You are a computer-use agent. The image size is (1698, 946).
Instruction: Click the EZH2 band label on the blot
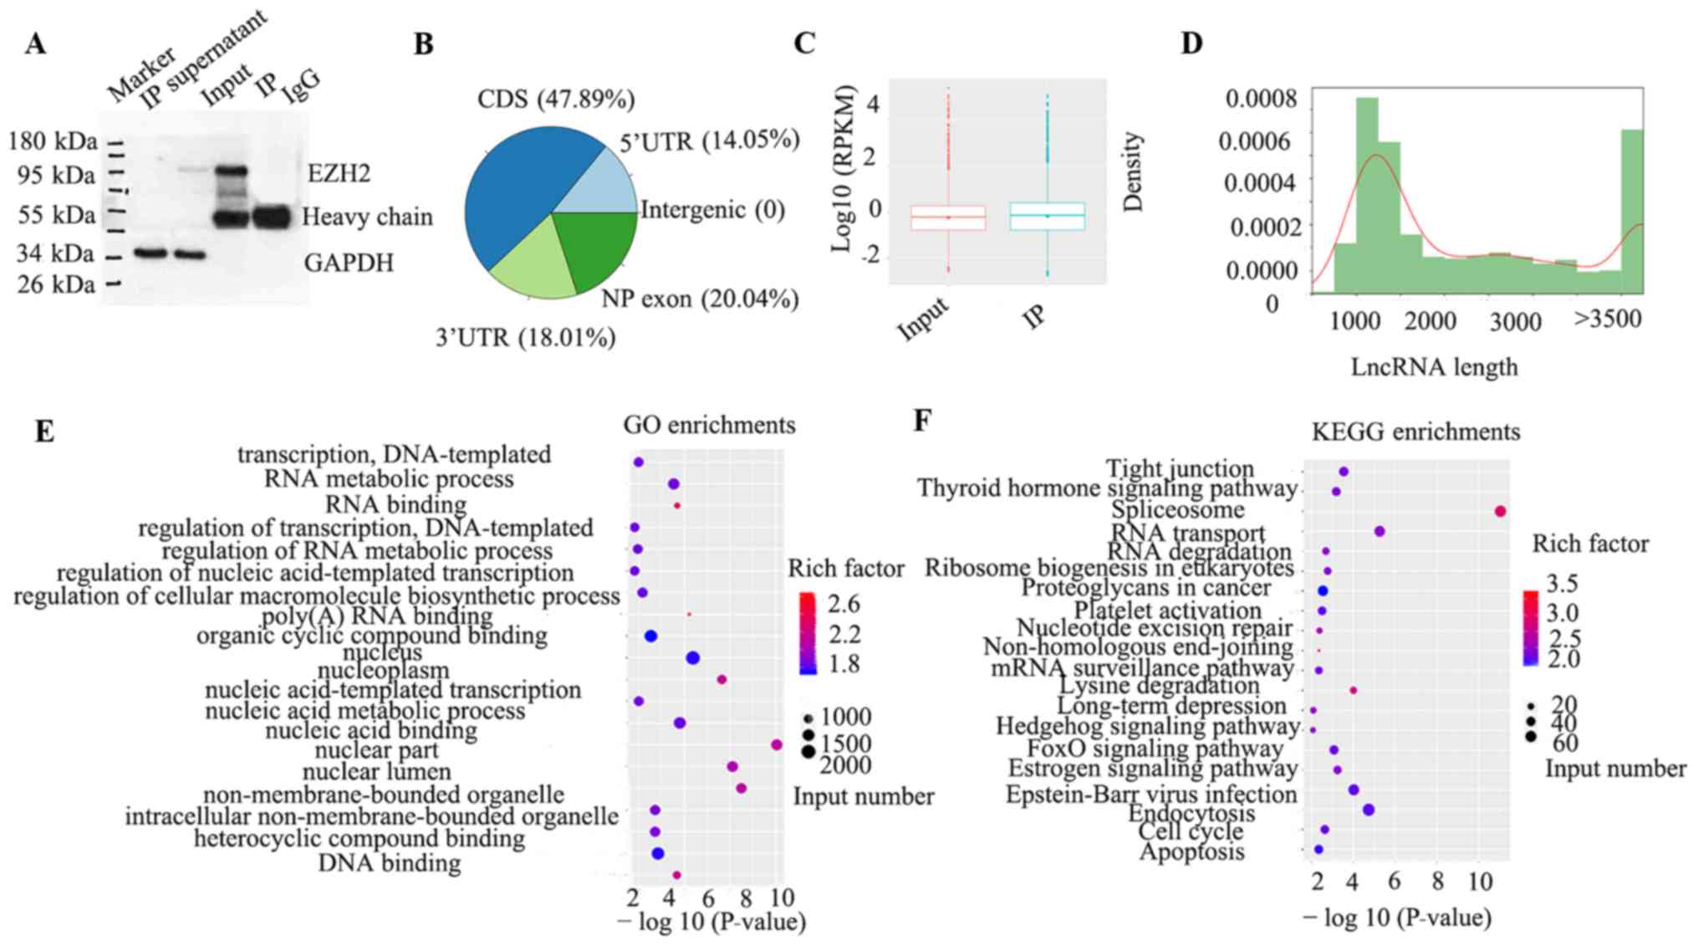(x=339, y=173)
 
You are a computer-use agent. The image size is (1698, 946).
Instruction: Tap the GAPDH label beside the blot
(x=349, y=263)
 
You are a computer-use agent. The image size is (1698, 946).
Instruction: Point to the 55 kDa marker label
(x=56, y=216)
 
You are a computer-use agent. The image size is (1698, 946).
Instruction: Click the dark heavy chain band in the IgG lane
(x=272, y=217)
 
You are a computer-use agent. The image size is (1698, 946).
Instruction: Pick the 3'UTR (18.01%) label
(x=525, y=337)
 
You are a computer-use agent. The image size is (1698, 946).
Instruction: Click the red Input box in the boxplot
(x=948, y=217)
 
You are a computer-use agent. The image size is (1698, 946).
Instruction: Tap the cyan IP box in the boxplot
(x=1047, y=216)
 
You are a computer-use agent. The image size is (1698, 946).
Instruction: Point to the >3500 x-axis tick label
(x=1608, y=319)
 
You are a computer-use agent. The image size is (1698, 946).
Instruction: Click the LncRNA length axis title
(x=1434, y=366)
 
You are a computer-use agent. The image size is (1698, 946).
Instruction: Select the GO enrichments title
(x=709, y=425)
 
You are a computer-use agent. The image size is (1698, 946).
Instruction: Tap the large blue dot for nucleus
(x=692, y=658)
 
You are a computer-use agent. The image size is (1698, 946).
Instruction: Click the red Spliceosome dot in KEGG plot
(x=1500, y=511)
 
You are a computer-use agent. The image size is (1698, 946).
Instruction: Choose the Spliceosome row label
(x=1177, y=509)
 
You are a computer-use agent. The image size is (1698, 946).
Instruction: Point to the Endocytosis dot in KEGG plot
(x=1369, y=810)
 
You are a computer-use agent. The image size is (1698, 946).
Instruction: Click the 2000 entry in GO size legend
(x=845, y=764)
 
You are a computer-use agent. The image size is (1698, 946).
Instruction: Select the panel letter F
(x=922, y=419)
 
